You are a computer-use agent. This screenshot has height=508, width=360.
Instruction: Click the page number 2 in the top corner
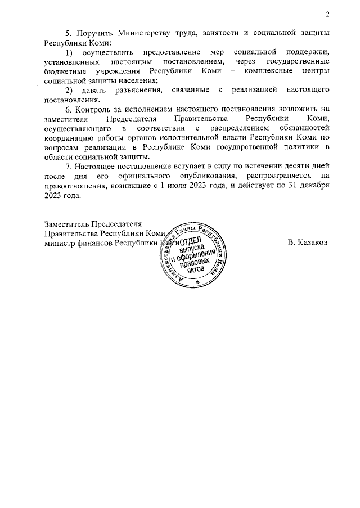tap(327, 14)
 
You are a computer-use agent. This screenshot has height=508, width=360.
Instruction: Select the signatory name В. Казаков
tap(308, 243)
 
